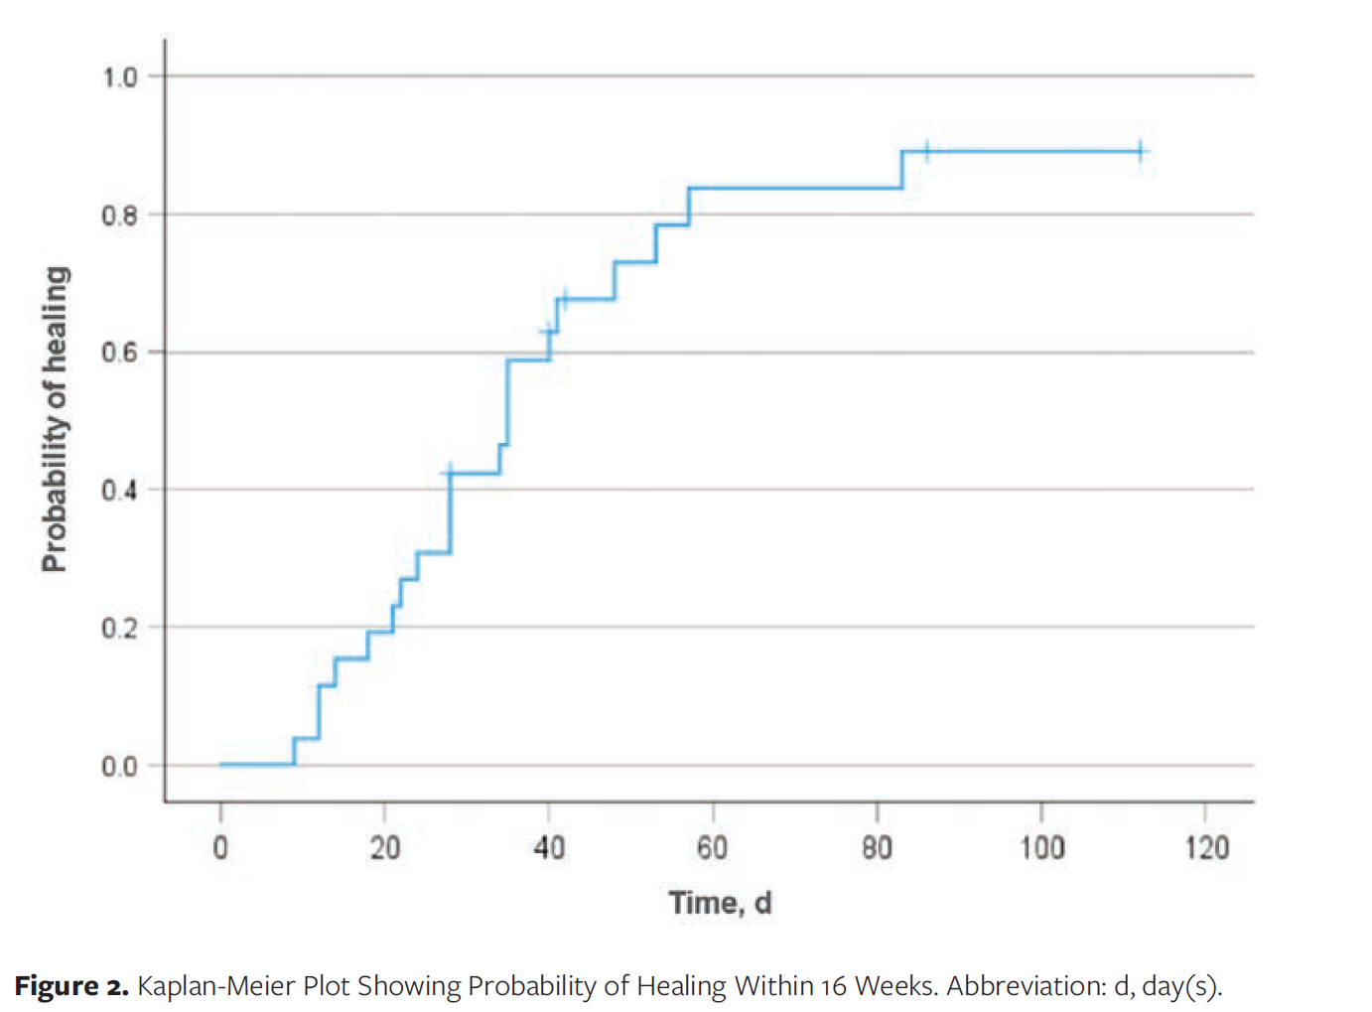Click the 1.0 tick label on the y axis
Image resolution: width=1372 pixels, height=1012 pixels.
[x=120, y=78]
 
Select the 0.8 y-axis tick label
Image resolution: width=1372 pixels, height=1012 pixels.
[x=120, y=216]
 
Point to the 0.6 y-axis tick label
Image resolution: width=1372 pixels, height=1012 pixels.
[x=120, y=353]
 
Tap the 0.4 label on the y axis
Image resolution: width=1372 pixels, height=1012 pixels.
[x=120, y=491]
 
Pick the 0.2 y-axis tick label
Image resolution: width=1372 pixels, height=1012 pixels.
[x=120, y=629]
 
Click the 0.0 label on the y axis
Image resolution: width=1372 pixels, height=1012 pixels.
[x=120, y=767]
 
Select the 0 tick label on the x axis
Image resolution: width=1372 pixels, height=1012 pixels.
[x=220, y=848]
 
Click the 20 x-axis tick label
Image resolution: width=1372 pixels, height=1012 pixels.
[x=384, y=848]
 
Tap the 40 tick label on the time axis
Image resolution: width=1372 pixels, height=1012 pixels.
[x=549, y=848]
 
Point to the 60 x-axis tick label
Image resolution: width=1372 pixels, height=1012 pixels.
[x=713, y=848]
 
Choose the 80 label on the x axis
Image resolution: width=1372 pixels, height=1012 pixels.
[x=877, y=848]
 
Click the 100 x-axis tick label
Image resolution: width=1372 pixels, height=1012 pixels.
[x=1041, y=848]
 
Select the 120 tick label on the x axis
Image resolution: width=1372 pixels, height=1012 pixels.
[x=1206, y=848]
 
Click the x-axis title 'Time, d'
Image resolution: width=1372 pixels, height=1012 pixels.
[x=721, y=904]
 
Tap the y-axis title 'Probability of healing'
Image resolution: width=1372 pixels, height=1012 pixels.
[x=56, y=420]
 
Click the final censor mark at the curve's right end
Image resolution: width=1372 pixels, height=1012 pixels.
[x=1140, y=151]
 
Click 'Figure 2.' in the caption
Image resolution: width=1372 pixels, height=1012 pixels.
[x=71, y=986]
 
